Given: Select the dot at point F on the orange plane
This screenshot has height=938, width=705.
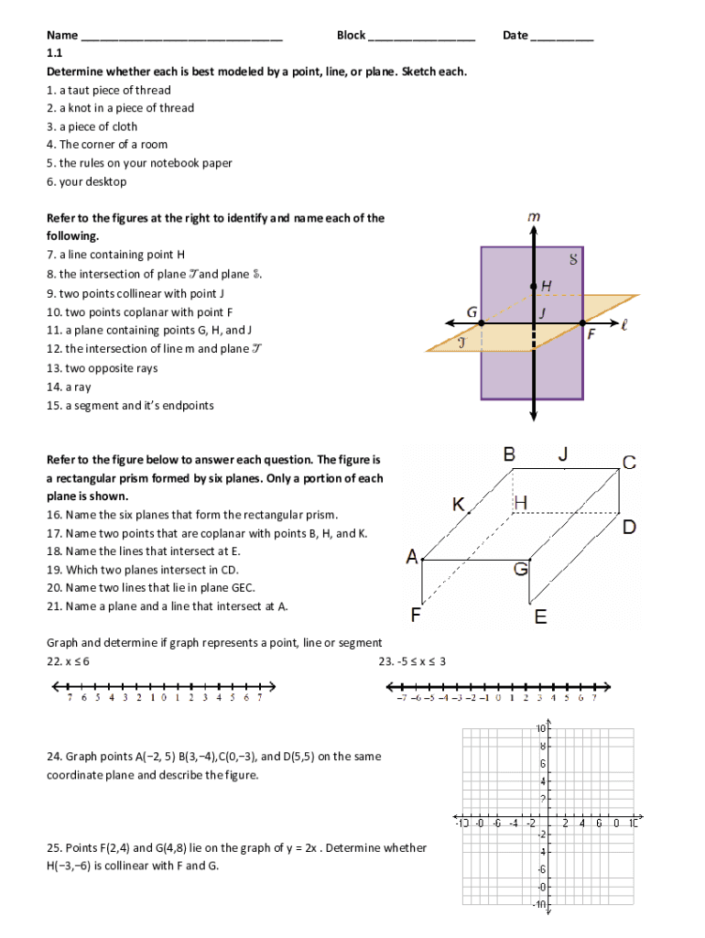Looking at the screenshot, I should pos(582,323).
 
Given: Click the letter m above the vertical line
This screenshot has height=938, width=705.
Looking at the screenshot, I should pos(533,216).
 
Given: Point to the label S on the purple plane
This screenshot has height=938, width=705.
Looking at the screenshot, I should pos(573,260).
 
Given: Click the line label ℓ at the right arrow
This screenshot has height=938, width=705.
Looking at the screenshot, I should pos(624,323).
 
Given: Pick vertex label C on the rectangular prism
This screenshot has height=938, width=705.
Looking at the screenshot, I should pos(629,463).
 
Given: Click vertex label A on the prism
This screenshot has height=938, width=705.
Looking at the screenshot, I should pos(412,556).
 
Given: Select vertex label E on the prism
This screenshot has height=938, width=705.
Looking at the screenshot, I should pos(541,617).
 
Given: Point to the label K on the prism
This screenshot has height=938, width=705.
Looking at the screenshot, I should pos(459,505).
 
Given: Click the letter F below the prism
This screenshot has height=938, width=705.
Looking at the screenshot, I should pos(417,616).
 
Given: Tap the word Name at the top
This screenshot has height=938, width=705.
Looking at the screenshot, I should pos(61,36).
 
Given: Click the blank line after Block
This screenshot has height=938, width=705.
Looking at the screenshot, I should pos(422,38).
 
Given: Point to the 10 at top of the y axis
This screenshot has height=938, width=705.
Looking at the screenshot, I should pos(541,729).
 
